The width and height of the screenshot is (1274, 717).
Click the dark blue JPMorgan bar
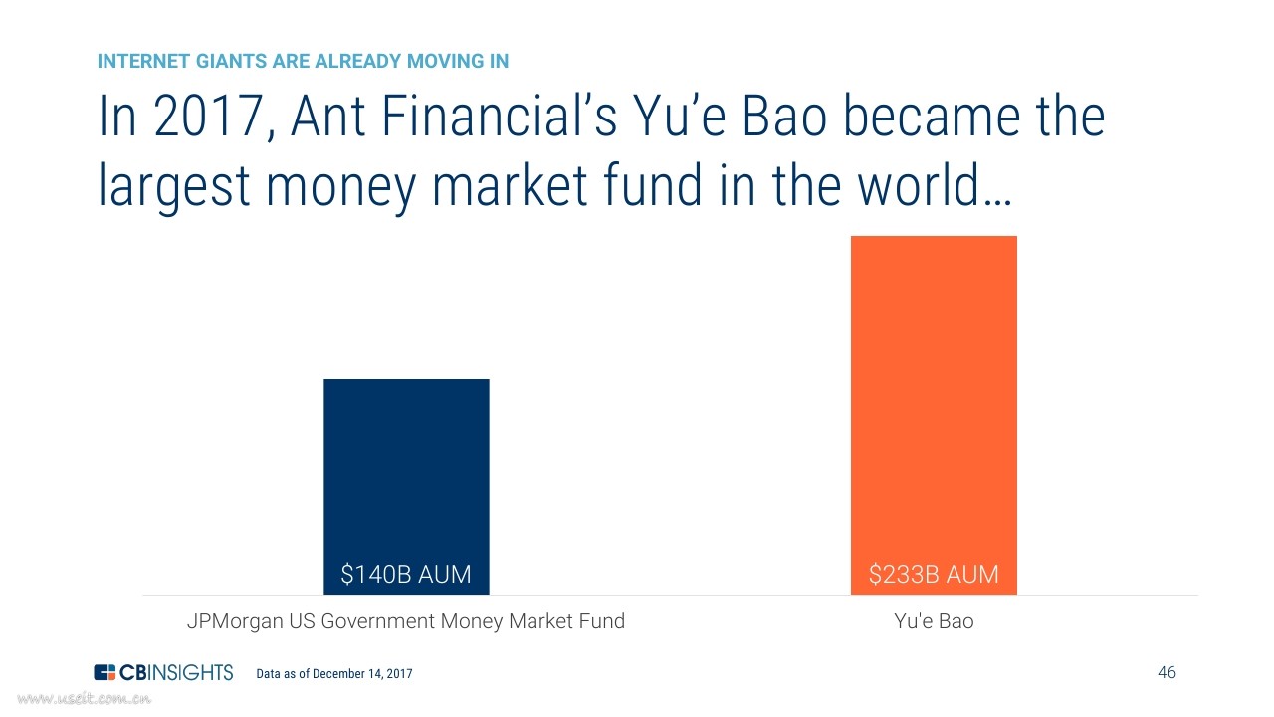coord(406,487)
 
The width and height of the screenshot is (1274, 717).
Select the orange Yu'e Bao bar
coord(934,415)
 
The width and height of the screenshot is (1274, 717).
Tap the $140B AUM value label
coord(406,574)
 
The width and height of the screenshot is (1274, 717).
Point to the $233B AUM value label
coord(934,574)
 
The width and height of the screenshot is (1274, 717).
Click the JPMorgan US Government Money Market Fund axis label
coord(406,620)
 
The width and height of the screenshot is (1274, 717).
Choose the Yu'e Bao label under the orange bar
coord(934,620)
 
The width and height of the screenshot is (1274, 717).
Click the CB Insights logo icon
coord(105,672)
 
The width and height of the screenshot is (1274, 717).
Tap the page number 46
coord(1167,672)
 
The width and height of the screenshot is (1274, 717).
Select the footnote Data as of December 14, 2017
coord(334,674)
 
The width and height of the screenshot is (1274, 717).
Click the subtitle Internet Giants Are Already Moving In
coord(304,61)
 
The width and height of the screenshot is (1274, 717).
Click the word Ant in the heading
coord(328,117)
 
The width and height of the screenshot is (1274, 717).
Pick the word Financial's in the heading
coord(500,117)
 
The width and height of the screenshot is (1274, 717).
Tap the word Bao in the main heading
coord(785,117)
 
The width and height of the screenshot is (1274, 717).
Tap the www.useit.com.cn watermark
coord(85,698)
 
